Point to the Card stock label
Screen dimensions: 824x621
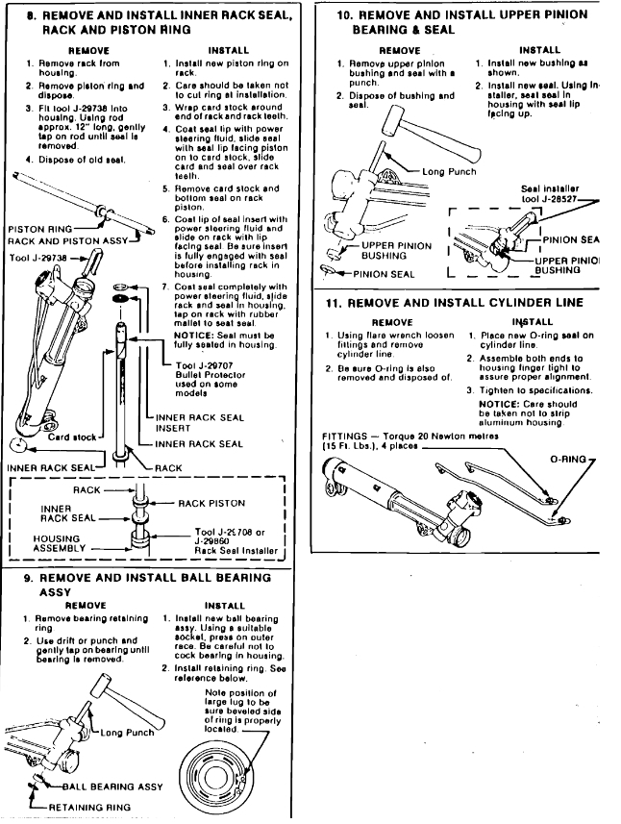pos(44,437)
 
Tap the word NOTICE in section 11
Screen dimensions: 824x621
pos(495,404)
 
